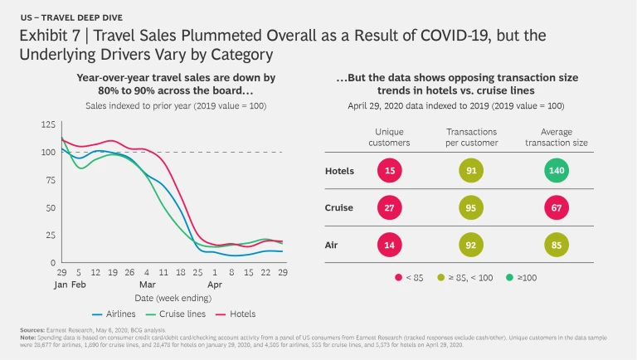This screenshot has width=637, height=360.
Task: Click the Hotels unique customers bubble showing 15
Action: (389, 173)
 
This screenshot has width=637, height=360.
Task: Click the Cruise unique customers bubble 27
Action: (389, 209)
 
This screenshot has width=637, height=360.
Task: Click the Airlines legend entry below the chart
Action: (111, 314)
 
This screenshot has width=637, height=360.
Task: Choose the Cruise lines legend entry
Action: (177, 314)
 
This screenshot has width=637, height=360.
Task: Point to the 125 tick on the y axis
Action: (47, 124)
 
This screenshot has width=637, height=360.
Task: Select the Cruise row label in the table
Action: (339, 209)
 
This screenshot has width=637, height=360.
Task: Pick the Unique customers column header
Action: (389, 138)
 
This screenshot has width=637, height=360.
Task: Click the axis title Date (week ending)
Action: (173, 296)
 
